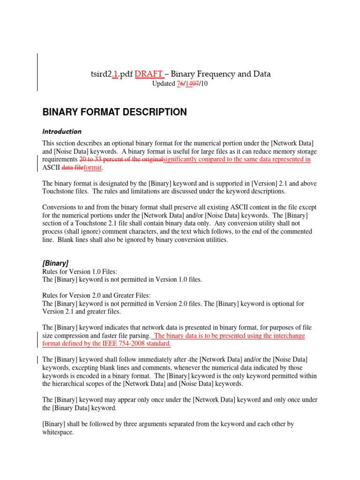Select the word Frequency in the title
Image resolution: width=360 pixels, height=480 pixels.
click(219, 74)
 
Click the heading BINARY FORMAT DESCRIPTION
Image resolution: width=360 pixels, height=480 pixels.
click(114, 112)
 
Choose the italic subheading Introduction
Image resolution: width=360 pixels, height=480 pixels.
click(61, 132)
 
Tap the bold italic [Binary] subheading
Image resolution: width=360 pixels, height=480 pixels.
click(55, 263)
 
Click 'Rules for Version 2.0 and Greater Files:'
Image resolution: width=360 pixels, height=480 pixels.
click(96, 295)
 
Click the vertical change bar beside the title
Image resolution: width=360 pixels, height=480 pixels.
click(37, 72)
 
